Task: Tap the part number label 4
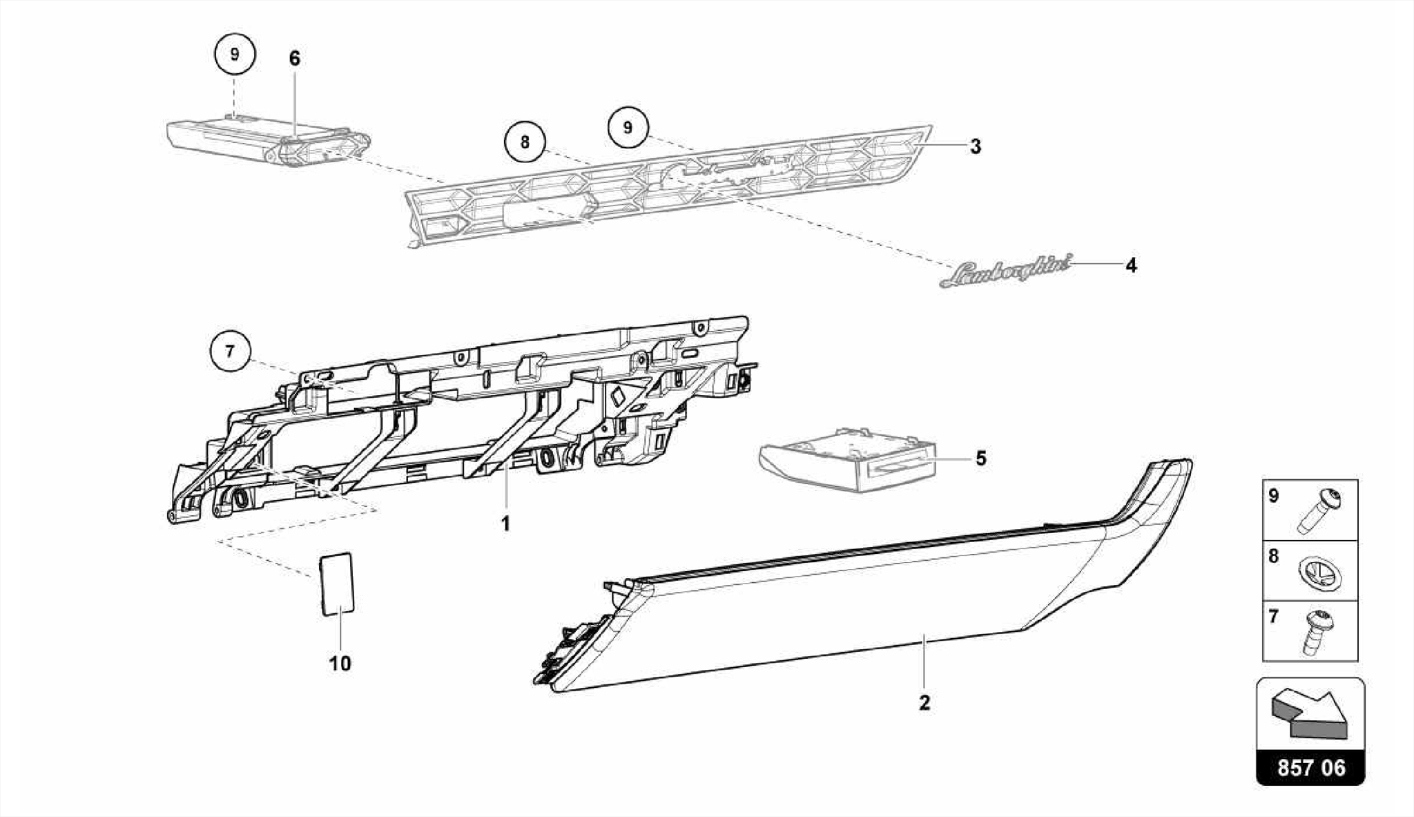pyautogui.click(x=1131, y=265)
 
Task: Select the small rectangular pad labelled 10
pyautogui.click(x=338, y=583)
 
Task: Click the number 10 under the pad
pyautogui.click(x=340, y=664)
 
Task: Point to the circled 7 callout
pyautogui.click(x=230, y=352)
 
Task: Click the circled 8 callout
pyautogui.click(x=525, y=142)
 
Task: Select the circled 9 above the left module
pyautogui.click(x=235, y=54)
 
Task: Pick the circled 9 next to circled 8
pyautogui.click(x=628, y=128)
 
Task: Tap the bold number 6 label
pyautogui.click(x=295, y=59)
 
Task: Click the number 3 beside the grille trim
pyautogui.click(x=975, y=146)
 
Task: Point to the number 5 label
pyautogui.click(x=981, y=458)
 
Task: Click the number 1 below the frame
pyautogui.click(x=505, y=523)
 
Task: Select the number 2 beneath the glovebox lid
pyautogui.click(x=924, y=703)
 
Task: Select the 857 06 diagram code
pyautogui.click(x=1310, y=768)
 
